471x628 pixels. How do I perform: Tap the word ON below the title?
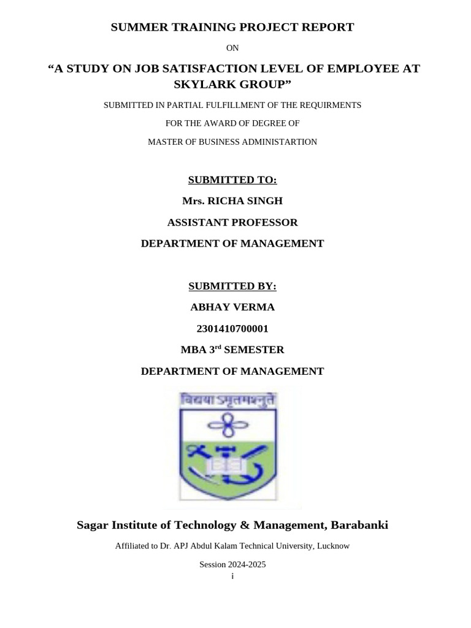pyautogui.click(x=232, y=48)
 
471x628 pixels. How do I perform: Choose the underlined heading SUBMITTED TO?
pyautogui.click(x=232, y=180)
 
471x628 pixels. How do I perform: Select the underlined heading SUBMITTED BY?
pyautogui.click(x=232, y=286)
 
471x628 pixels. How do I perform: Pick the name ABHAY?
pyautogui.click(x=210, y=307)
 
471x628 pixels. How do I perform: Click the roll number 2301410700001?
pyautogui.click(x=232, y=328)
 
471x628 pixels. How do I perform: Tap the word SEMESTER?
pyautogui.click(x=254, y=350)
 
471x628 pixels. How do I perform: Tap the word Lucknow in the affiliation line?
pyautogui.click(x=332, y=545)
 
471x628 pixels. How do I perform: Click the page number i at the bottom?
pyautogui.click(x=232, y=576)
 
